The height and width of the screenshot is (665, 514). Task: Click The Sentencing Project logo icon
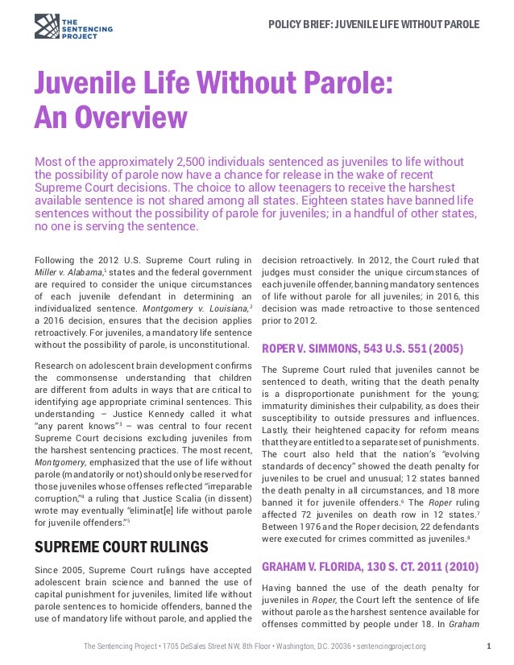(x=47, y=26)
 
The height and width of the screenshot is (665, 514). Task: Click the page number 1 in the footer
(x=491, y=646)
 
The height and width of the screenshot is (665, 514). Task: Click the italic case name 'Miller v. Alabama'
(x=65, y=273)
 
